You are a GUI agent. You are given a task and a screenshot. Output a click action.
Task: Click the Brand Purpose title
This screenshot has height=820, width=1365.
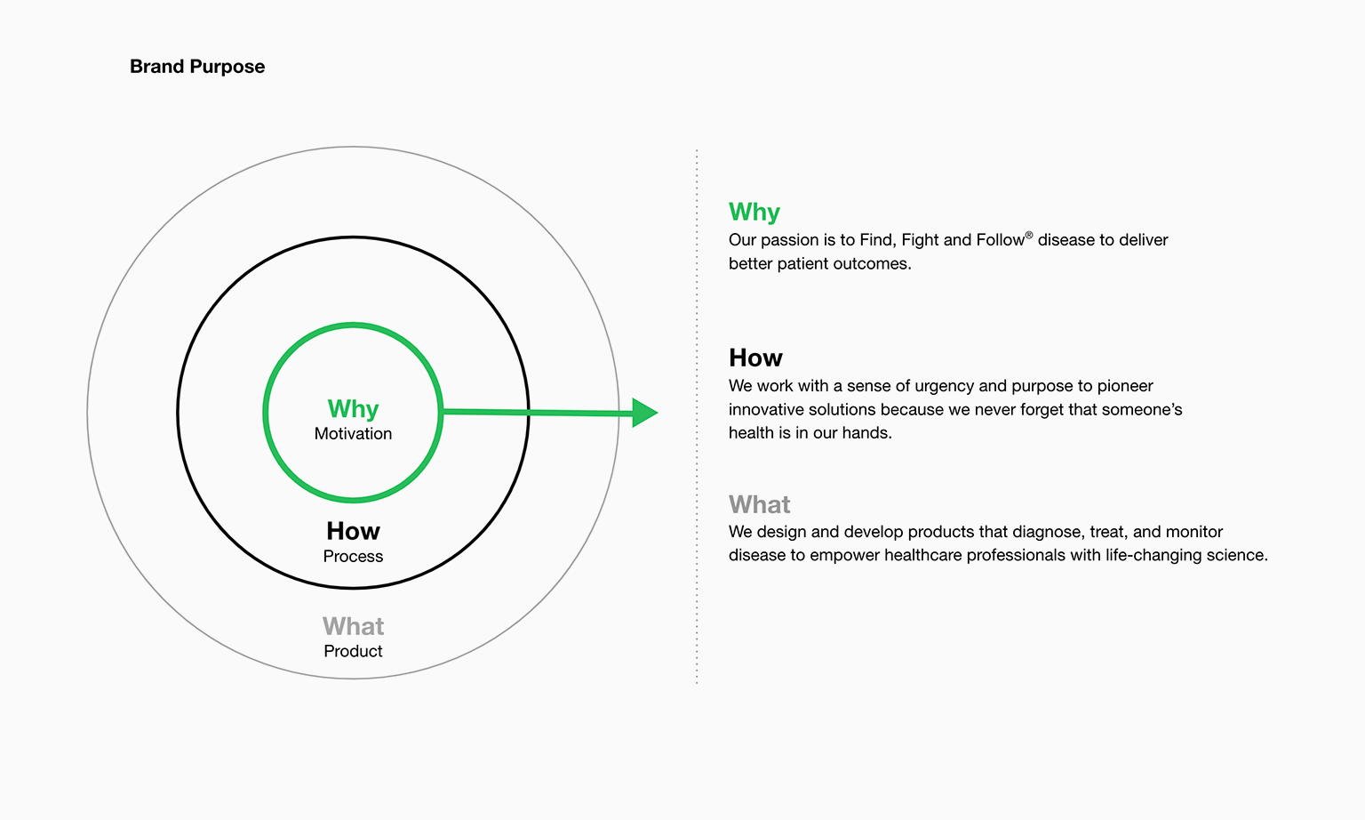[196, 67]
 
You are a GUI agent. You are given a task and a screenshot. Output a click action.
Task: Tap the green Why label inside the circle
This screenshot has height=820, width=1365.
[353, 409]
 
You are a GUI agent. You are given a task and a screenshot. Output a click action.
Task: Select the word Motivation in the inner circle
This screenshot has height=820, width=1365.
[353, 433]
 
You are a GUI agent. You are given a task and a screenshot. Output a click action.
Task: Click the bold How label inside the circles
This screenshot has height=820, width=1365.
[353, 531]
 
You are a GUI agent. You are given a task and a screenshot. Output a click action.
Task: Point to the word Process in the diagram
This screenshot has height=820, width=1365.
[353, 556]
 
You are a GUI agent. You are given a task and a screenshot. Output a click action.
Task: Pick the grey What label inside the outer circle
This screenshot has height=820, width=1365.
[353, 626]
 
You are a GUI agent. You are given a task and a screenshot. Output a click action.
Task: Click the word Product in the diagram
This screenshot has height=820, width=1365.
[353, 651]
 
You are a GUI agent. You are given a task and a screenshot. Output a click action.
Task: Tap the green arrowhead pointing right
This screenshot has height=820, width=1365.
[644, 413]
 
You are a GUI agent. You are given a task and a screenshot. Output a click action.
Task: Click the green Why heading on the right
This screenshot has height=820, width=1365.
[754, 213]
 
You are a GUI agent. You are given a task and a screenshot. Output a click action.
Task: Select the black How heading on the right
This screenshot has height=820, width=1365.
[755, 358]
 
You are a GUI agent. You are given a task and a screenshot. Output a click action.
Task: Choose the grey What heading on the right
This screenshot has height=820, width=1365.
[759, 504]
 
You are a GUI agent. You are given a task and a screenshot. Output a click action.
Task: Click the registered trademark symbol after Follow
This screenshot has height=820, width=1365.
[1028, 236]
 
